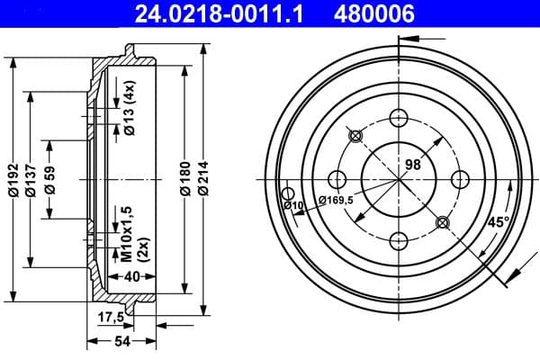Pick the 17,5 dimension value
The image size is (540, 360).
point(110,316)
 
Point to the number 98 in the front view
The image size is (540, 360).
point(414,165)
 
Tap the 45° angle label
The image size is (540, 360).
point(498,220)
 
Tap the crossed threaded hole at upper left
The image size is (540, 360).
point(355,136)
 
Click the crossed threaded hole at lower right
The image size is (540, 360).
point(440,221)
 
